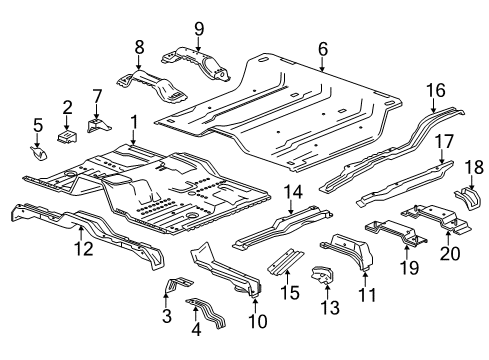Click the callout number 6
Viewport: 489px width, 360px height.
pos(322,48)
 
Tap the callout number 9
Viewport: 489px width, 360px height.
pos(198,28)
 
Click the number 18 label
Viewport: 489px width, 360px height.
pos(475,165)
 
